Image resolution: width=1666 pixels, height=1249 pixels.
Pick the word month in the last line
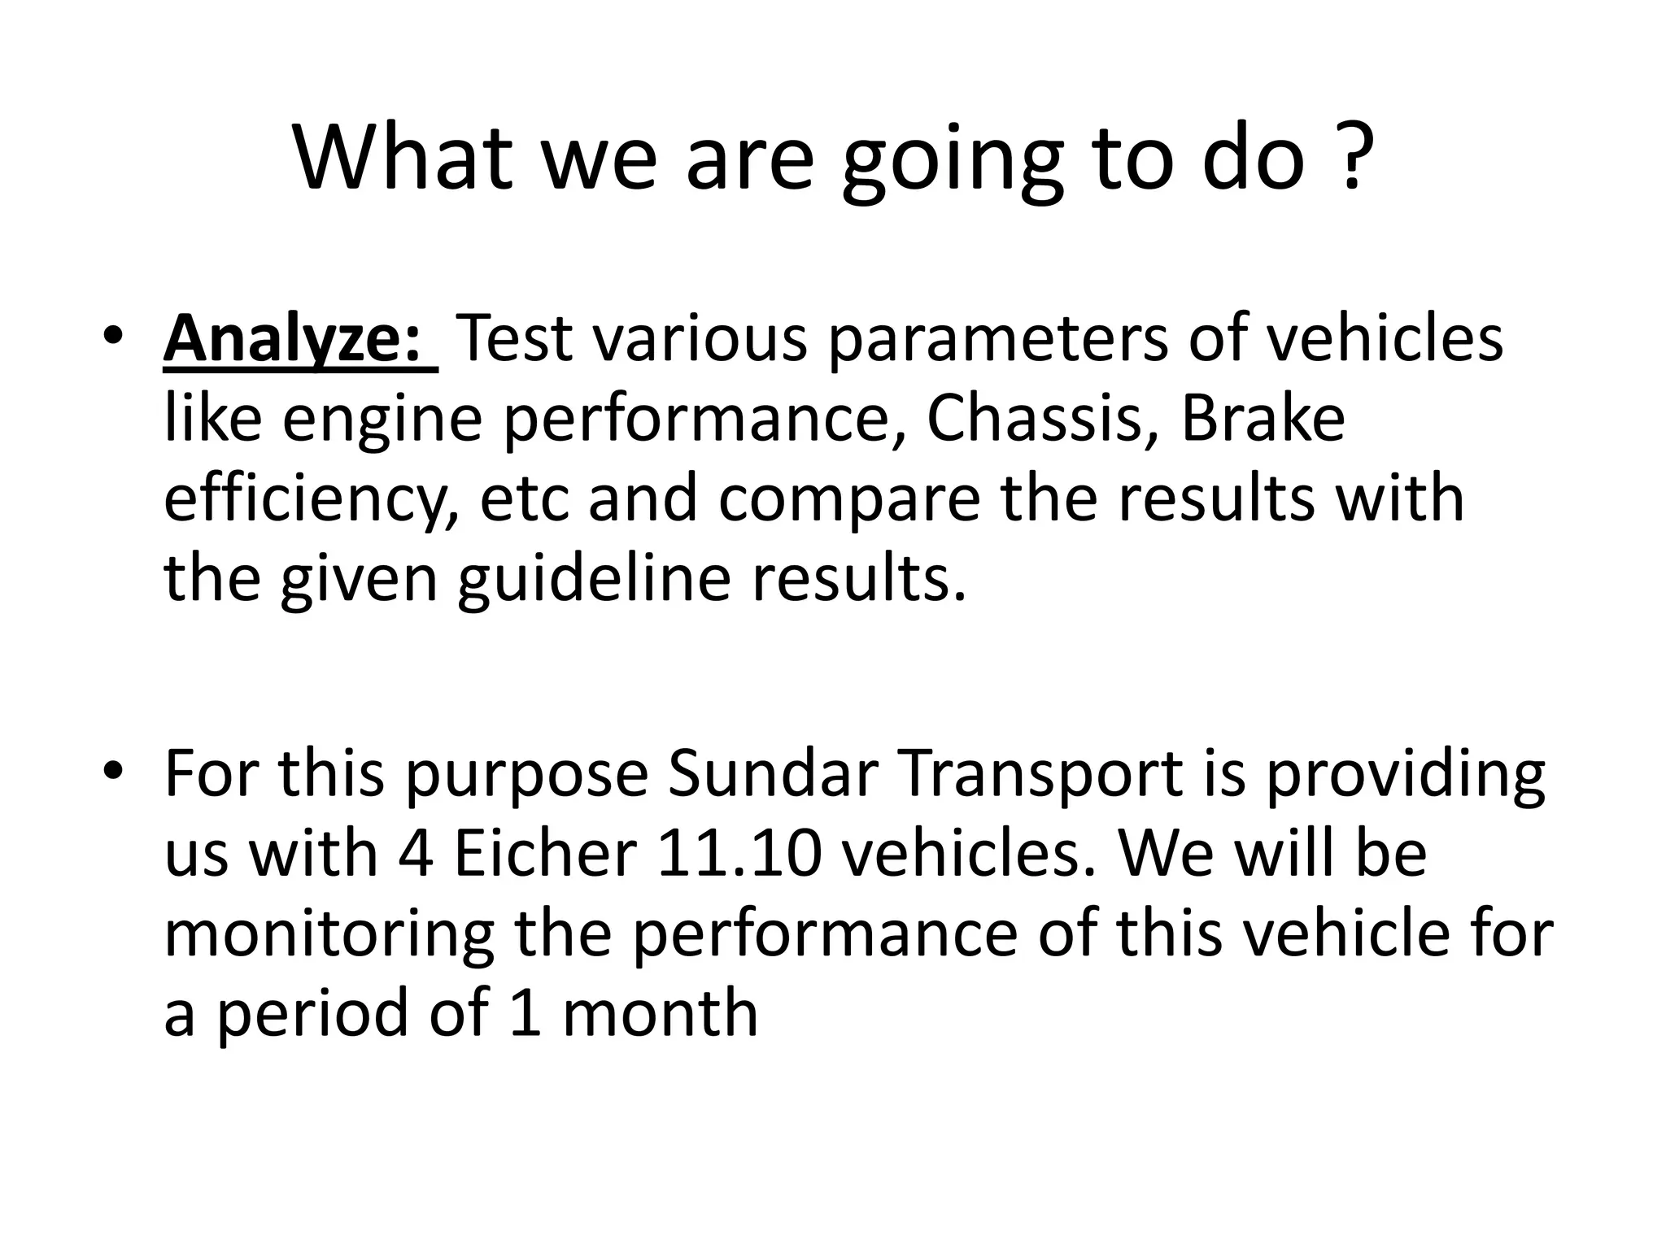coord(659,1013)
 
